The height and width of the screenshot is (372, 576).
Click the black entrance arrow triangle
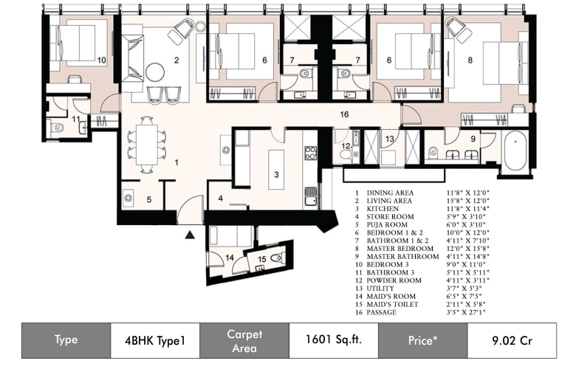(190, 234)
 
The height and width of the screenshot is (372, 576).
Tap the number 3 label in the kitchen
(276, 175)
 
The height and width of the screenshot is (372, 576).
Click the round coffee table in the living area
(154, 72)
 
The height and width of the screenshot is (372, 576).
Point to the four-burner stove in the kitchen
(310, 153)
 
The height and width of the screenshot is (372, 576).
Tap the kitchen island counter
(276, 169)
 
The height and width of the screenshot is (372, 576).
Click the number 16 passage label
(344, 114)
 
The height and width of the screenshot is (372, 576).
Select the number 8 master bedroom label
(470, 60)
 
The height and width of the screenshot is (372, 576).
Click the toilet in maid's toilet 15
(277, 258)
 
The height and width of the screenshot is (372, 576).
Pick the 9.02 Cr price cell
(512, 341)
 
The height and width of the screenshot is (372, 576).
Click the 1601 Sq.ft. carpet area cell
(334, 340)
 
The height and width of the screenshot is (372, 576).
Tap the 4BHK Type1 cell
(155, 341)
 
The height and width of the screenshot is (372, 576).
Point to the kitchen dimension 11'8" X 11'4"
(468, 209)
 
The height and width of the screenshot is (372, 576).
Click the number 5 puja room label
(148, 200)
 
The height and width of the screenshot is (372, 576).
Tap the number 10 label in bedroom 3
(102, 61)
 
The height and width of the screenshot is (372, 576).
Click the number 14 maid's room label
(230, 258)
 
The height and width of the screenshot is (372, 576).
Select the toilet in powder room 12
(346, 154)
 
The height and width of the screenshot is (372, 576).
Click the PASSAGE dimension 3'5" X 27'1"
(466, 312)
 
